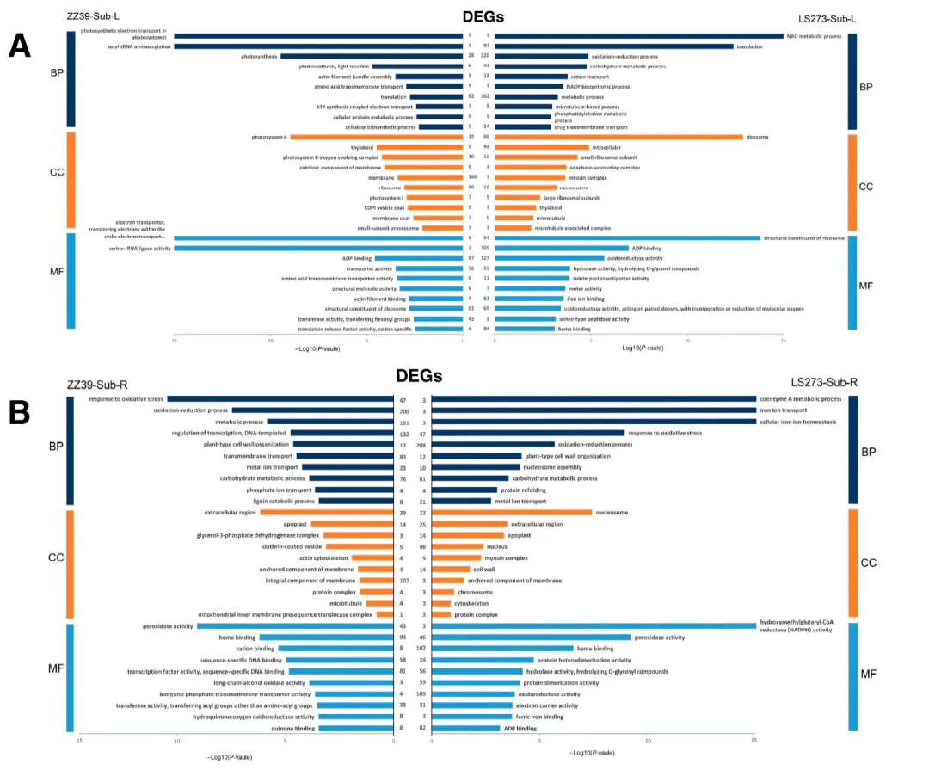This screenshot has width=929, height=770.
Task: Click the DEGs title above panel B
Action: click(418, 376)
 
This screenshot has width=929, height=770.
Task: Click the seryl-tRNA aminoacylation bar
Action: click(317, 46)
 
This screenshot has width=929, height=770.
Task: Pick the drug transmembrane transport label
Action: click(592, 127)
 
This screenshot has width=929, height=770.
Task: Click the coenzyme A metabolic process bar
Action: click(593, 399)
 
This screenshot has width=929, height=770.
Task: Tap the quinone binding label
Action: click(295, 728)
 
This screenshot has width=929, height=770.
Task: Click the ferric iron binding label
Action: click(540, 717)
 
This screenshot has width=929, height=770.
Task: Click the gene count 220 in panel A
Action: click(485, 56)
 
